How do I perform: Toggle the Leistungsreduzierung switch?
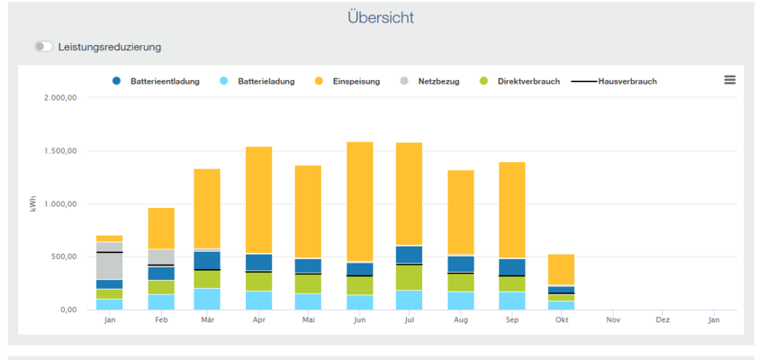43,47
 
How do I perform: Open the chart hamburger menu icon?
729,80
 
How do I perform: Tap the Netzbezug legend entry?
438,81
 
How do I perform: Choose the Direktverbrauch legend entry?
528,81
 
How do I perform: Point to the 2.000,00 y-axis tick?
62,97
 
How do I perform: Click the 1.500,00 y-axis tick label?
62,150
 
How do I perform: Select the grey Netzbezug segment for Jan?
110,265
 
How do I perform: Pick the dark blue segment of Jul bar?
410,255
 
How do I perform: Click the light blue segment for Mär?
208,299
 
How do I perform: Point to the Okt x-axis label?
562,319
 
